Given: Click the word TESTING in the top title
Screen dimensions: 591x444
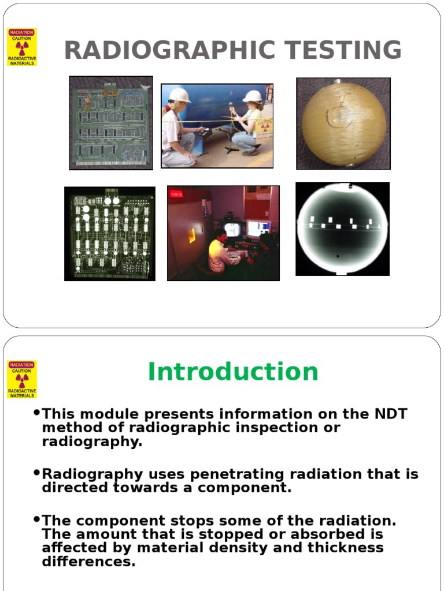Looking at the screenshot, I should click(340, 50).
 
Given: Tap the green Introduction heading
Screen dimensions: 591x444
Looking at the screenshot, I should click(233, 372).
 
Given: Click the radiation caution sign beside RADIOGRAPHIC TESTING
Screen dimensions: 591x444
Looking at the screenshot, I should click(22, 47).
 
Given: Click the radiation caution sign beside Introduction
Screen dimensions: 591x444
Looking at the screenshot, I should click(22, 379).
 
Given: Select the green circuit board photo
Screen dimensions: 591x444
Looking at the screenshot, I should click(111, 123).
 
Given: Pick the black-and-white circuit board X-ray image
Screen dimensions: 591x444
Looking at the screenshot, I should click(109, 234).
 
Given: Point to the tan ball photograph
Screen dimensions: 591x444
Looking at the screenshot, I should click(343, 124).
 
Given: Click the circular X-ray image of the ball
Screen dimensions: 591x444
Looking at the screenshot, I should click(342, 229).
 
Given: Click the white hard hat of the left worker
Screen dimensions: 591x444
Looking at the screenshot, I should click(179, 95).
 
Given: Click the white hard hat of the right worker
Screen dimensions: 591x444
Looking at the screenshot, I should click(253, 96).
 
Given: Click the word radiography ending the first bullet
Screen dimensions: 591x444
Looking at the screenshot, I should click(91, 442).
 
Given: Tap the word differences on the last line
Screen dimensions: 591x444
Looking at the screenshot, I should click(88, 561).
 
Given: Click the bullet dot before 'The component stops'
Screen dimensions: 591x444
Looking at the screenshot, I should click(37, 518).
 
